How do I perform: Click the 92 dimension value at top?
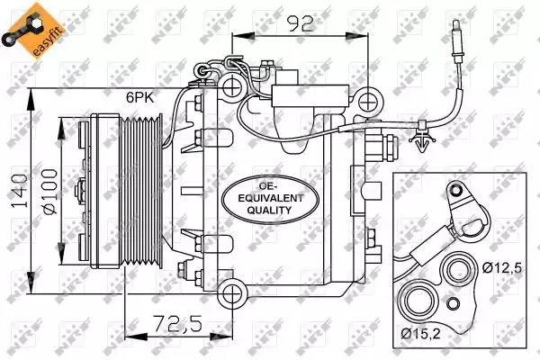(x=300, y=24)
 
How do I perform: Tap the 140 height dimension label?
(x=19, y=191)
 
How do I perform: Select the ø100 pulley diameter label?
(x=49, y=191)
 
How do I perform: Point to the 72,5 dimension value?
(x=177, y=324)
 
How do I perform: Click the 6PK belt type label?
(x=140, y=98)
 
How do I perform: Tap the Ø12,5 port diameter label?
(x=502, y=267)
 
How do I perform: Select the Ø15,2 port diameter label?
(x=421, y=333)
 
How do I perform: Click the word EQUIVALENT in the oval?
(x=271, y=198)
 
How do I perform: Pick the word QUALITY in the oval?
(x=269, y=210)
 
